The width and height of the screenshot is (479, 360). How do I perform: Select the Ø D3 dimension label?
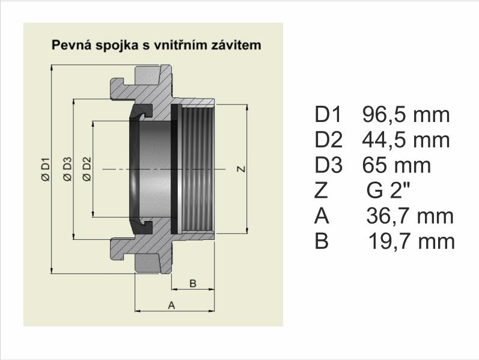(67, 169)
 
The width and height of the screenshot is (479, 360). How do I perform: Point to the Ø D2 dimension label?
(87, 169)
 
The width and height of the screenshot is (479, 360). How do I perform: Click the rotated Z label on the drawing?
(242, 169)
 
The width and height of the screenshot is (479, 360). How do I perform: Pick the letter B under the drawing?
(193, 283)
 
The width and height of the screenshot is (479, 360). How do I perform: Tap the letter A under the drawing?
(172, 305)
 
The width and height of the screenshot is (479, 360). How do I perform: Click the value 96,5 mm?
(406, 115)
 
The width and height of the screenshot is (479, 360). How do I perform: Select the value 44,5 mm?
(406, 141)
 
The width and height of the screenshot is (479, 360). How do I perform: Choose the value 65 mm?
(397, 166)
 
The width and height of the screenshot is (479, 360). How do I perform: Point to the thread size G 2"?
(389, 191)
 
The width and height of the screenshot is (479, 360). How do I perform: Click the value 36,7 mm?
(410, 216)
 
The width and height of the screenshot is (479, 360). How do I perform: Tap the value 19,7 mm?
(412, 242)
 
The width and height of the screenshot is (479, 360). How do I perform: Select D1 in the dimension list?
(328, 115)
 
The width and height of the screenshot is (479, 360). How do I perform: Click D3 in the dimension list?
(328, 165)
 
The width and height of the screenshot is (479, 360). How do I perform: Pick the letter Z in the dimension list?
(321, 191)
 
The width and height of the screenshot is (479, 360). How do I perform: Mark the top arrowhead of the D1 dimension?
(52, 68)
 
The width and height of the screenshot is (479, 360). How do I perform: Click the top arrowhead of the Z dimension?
(247, 108)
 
